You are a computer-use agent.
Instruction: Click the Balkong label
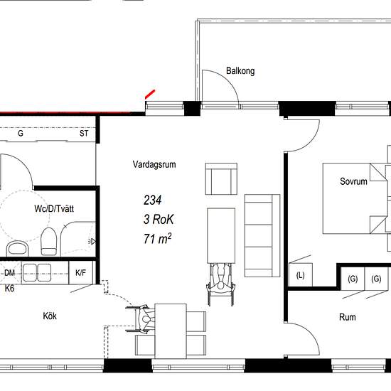click(x=240, y=71)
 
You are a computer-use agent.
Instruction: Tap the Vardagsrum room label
click(x=154, y=164)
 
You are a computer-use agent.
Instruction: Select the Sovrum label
click(x=353, y=181)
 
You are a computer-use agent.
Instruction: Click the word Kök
click(x=50, y=316)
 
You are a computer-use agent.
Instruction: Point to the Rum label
click(x=348, y=317)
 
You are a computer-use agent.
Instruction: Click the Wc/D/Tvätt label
click(x=54, y=208)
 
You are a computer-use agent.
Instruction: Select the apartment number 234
click(x=152, y=200)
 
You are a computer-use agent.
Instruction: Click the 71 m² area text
click(x=157, y=239)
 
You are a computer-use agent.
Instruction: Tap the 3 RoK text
click(x=159, y=220)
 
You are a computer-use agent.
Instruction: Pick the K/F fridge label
click(x=80, y=273)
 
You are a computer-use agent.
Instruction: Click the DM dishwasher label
click(x=9, y=273)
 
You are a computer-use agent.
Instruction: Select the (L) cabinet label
click(x=300, y=275)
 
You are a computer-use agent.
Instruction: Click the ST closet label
click(x=84, y=134)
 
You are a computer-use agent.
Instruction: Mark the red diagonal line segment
click(x=150, y=95)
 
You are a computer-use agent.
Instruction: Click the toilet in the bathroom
click(x=48, y=242)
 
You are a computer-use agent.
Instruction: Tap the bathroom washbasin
click(x=17, y=249)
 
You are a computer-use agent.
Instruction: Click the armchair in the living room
click(x=221, y=178)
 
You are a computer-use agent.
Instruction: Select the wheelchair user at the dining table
click(x=141, y=319)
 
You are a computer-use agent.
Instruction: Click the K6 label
click(x=9, y=289)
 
